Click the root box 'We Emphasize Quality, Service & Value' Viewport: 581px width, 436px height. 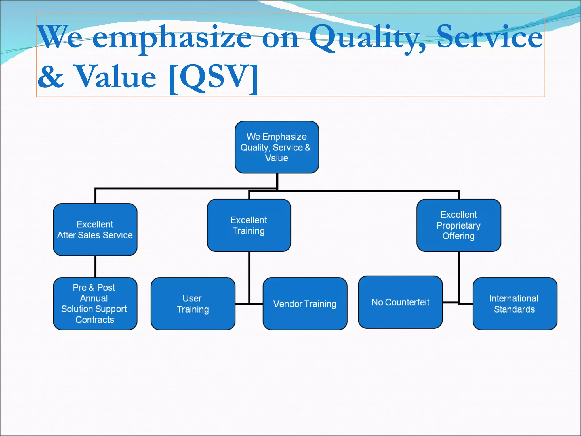click(x=277, y=147)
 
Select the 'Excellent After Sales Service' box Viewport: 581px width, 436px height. click(x=95, y=229)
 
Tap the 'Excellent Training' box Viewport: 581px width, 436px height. click(x=249, y=225)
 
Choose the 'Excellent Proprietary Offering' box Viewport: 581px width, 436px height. click(x=458, y=225)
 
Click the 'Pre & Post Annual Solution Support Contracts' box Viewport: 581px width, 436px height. click(x=95, y=303)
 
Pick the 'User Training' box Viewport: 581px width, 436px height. click(x=193, y=303)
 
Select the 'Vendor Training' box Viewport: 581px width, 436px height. click(x=305, y=303)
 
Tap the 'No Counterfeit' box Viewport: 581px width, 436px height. click(x=400, y=302)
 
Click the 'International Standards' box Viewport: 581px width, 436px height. click(x=515, y=303)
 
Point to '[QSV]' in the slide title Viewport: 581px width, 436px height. click(x=213, y=77)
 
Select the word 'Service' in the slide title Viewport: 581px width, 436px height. click(x=489, y=37)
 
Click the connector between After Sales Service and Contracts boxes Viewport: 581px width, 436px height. click(x=95, y=266)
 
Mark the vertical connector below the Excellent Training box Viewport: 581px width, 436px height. click(x=249, y=277)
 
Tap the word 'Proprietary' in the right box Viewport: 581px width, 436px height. click(x=458, y=225)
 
